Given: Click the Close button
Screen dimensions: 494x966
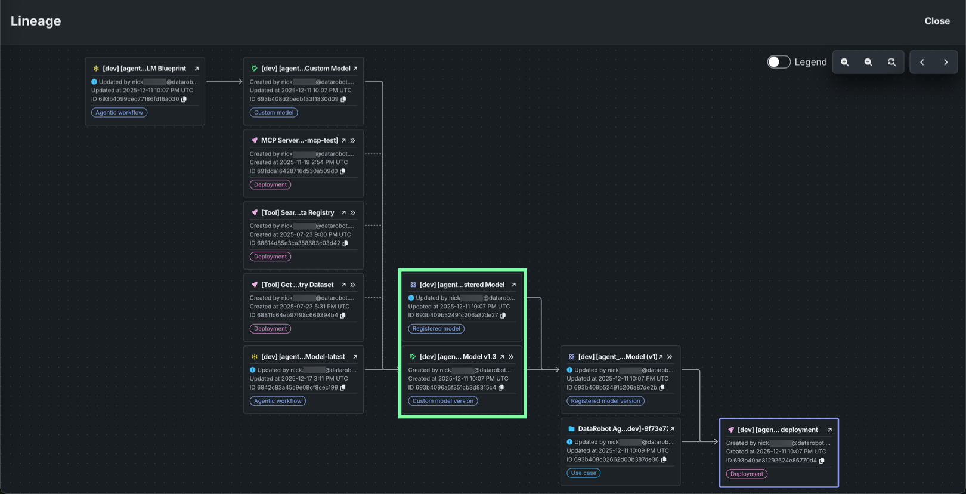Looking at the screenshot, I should click(937, 21).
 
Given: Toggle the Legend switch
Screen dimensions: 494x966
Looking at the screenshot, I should click(778, 62).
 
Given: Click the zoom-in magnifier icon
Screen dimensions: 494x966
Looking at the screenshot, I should click(844, 62).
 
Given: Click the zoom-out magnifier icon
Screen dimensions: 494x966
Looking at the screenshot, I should click(868, 62).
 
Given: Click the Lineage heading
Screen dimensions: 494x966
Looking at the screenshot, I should click(36, 21).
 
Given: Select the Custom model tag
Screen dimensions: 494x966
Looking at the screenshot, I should click(274, 112).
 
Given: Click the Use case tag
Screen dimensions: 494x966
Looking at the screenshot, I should click(583, 473).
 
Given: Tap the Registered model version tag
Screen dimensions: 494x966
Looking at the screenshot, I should click(605, 401).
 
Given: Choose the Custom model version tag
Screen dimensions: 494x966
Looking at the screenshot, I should click(443, 401).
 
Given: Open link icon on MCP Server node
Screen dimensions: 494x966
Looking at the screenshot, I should click(343, 141).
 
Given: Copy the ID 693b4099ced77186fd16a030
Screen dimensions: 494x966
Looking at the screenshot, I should click(184, 99).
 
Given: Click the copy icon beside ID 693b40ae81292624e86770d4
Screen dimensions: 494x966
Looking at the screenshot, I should click(822, 461).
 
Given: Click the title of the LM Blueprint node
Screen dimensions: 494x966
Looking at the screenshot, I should click(144, 69).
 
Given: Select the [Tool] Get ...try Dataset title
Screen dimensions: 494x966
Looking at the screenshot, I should click(297, 285).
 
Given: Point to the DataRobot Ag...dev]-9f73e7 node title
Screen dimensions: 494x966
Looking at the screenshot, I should click(623, 429).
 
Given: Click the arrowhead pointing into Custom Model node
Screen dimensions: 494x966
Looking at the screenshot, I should click(240, 81).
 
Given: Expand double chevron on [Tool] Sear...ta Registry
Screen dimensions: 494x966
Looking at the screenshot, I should click(353, 213).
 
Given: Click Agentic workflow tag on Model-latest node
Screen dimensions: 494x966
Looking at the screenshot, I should click(278, 401).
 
